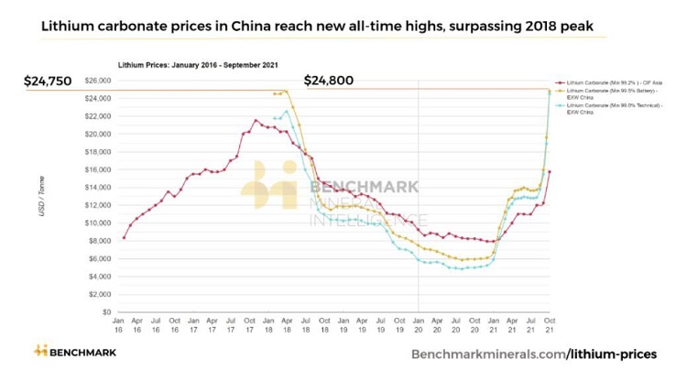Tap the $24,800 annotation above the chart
point(328,81)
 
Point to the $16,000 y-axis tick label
point(96,169)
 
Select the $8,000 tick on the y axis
point(99,241)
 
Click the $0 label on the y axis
point(105,312)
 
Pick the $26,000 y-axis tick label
point(96,81)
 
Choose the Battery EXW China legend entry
point(600,94)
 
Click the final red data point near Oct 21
point(549,171)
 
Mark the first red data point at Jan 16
point(123,238)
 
